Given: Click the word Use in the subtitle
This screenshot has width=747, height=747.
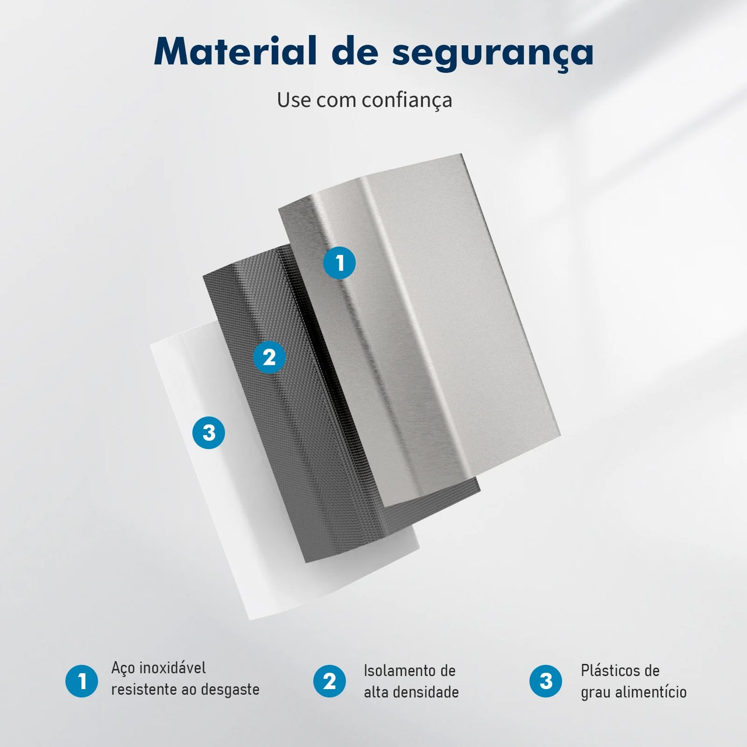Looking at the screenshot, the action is pyautogui.click(x=294, y=100).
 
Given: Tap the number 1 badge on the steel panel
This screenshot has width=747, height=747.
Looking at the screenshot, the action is pyautogui.click(x=340, y=263).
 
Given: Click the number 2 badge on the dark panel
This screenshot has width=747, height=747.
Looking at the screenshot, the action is pyautogui.click(x=269, y=357).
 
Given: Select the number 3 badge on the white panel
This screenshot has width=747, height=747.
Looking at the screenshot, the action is pyautogui.click(x=209, y=433).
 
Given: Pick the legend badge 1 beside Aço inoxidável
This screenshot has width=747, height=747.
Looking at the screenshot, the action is pyautogui.click(x=82, y=681).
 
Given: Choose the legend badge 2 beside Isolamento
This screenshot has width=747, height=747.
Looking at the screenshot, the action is pyautogui.click(x=329, y=681).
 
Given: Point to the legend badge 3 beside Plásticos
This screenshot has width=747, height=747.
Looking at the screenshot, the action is pyautogui.click(x=546, y=681).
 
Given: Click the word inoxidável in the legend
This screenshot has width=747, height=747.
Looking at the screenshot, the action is pyautogui.click(x=173, y=668).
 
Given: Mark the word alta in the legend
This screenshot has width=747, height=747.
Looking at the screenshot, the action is pyautogui.click(x=376, y=692).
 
